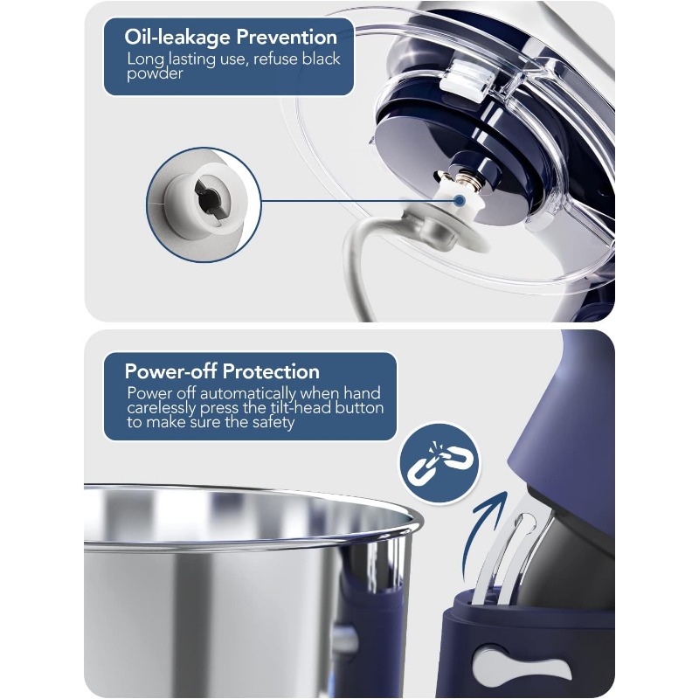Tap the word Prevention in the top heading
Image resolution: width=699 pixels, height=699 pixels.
(x=287, y=37)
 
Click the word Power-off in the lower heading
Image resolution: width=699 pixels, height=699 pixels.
(x=170, y=370)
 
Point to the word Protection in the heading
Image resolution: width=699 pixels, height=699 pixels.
(x=271, y=371)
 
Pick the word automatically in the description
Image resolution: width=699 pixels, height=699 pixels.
(x=248, y=393)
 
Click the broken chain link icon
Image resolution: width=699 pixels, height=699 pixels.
(x=439, y=464)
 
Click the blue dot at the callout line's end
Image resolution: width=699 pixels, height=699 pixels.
(x=460, y=201)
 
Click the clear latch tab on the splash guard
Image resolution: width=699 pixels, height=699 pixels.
(x=468, y=80)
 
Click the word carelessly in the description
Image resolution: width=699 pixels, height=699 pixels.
(x=162, y=408)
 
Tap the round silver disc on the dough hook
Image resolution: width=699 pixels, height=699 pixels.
(x=440, y=232)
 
